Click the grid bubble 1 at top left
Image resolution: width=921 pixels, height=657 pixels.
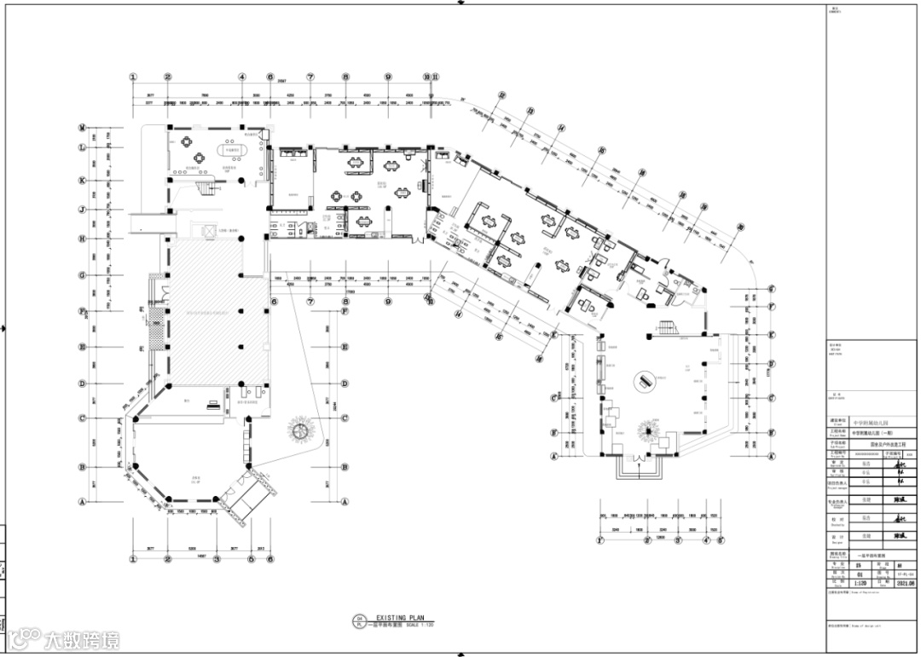[133, 77]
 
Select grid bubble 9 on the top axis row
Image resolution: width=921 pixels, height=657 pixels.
[388, 77]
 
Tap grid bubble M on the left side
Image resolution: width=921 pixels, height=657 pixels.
[83, 128]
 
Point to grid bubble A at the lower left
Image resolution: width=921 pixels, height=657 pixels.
[83, 502]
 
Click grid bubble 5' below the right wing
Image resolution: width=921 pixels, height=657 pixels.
[678, 539]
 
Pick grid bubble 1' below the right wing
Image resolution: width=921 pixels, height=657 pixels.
[602, 539]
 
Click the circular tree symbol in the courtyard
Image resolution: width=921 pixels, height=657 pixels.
[300, 429]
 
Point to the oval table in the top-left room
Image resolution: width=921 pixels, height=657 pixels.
[232, 153]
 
